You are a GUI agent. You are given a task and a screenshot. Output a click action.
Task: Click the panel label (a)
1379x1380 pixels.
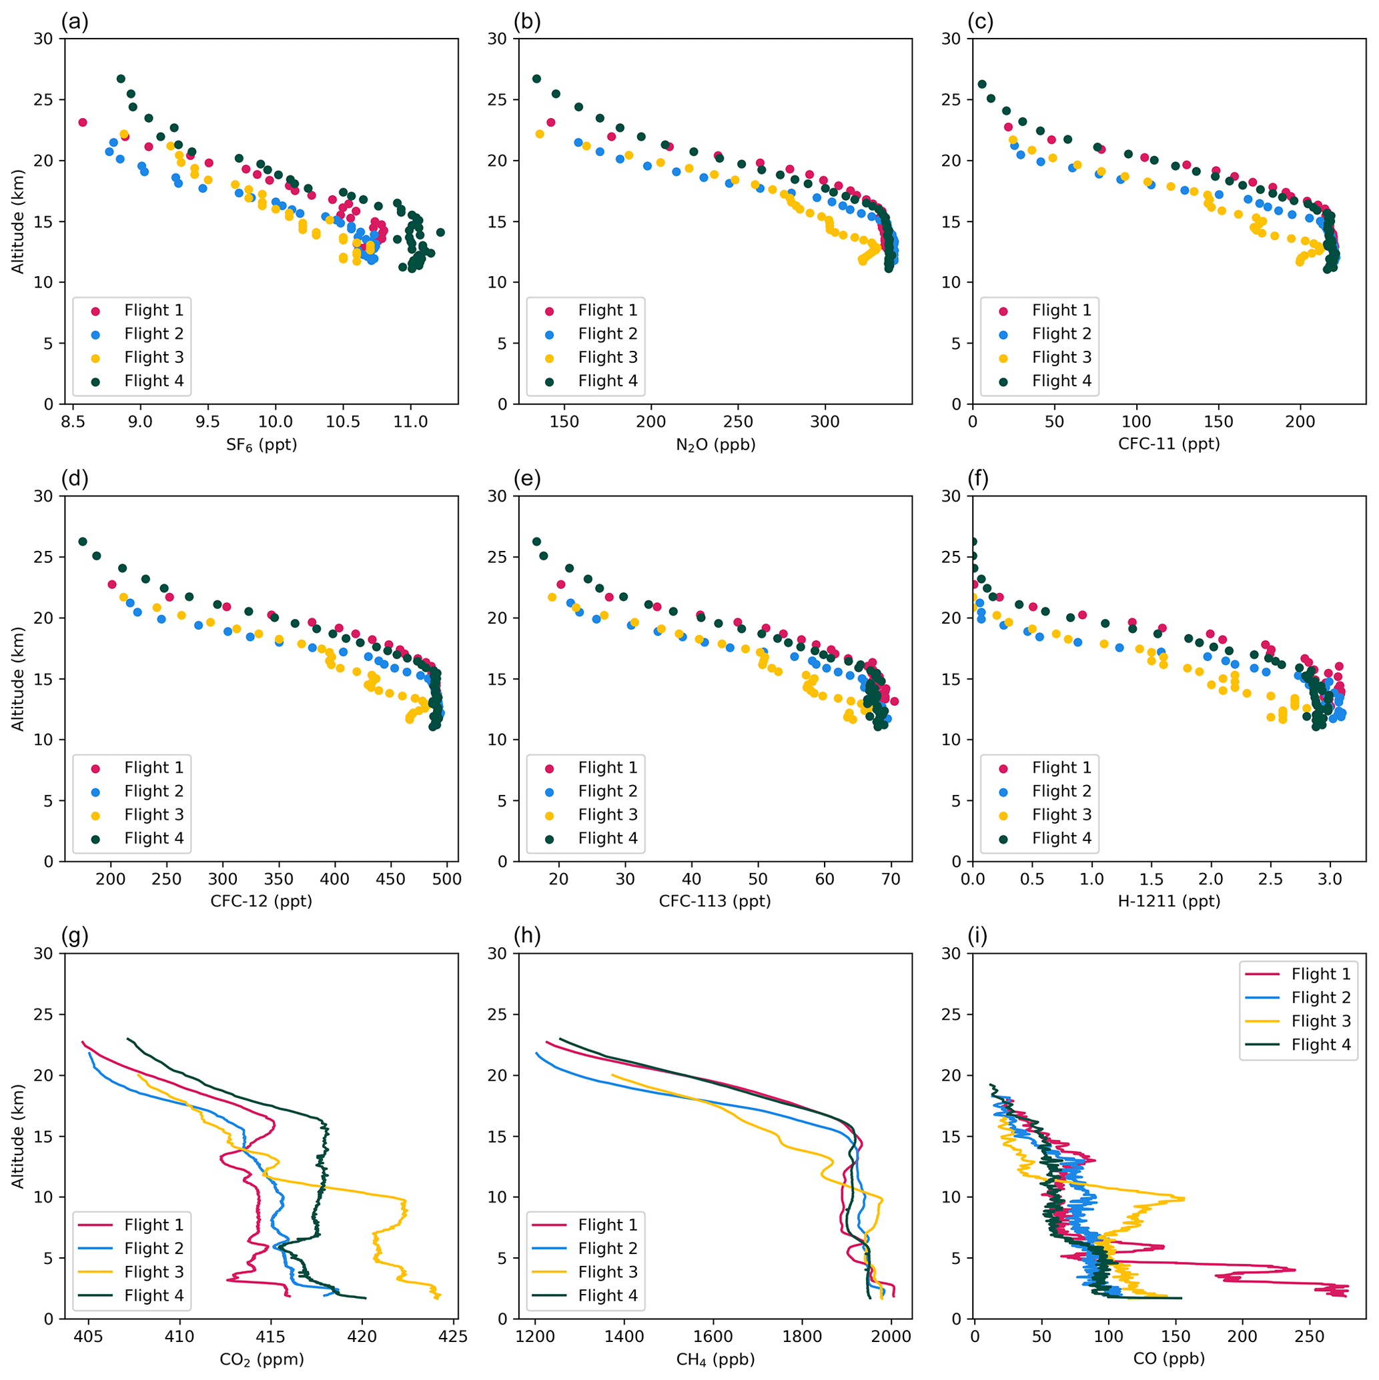74,22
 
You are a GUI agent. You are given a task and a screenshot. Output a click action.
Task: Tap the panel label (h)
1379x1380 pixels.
527,936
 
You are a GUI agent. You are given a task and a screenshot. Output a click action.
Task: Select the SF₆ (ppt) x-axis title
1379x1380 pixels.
262,445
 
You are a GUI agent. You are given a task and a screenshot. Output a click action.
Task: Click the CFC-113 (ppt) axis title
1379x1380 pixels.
715,901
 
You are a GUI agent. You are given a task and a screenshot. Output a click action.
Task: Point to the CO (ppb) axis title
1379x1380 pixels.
1168,1359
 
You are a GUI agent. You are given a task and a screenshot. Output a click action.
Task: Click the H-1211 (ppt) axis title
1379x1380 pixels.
1168,901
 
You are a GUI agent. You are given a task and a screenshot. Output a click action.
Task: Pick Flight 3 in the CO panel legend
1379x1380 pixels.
1320,1020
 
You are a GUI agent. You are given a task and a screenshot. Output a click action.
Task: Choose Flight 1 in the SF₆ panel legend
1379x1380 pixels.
153,310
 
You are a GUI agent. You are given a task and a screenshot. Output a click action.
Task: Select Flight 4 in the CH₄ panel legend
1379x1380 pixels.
607,1295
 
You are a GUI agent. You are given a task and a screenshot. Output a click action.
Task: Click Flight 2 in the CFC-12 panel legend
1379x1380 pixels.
153,790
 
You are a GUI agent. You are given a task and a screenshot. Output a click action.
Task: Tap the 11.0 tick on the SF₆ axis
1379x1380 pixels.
410,422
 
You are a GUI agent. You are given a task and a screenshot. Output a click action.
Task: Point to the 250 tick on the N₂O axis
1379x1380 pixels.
737,422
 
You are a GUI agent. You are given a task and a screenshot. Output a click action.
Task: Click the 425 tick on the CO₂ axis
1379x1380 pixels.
454,1337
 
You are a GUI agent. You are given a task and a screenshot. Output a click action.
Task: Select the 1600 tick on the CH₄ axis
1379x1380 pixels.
713,1337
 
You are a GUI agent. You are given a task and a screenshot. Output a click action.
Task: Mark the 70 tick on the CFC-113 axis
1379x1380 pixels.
891,879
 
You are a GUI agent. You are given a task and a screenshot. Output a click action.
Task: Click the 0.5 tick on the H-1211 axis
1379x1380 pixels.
1032,879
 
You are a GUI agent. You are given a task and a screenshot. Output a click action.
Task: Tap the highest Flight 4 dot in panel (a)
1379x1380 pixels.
121,79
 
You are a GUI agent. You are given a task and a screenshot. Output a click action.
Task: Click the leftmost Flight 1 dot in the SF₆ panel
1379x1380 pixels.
82,122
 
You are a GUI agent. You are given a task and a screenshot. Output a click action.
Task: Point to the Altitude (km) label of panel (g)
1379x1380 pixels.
18,1136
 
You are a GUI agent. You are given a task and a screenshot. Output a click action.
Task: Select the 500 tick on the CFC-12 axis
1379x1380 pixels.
446,879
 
